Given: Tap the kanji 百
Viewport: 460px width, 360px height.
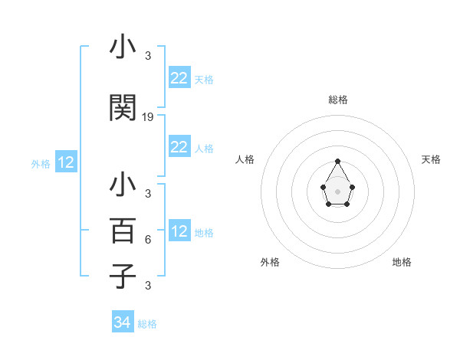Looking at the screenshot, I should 123,231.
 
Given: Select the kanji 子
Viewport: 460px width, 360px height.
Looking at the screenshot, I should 123,275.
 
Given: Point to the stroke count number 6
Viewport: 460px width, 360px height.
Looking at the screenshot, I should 147,239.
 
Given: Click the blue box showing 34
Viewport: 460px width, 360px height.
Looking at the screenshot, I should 122,322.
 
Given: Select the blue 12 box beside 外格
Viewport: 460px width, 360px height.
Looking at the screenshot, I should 65,162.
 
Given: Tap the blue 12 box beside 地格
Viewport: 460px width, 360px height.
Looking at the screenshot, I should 179,231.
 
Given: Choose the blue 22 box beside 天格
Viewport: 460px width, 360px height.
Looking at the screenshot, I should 179,77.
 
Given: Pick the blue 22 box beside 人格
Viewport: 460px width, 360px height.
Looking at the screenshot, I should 179,147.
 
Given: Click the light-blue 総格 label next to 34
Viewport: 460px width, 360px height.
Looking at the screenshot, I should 147,324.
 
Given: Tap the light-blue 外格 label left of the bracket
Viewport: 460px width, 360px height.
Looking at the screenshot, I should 41,163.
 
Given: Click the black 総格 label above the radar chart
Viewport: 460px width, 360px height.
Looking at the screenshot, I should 337,100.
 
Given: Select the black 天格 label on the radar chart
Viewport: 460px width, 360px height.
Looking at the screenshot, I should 431,159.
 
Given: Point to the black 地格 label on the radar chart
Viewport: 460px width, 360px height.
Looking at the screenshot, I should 402,262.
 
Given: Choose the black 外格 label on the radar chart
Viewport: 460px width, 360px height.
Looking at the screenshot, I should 270,262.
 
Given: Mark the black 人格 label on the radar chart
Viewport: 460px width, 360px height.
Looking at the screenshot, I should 245,159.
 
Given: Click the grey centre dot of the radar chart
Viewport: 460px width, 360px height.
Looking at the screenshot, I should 337,191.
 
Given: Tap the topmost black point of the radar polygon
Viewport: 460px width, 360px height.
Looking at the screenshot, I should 337,161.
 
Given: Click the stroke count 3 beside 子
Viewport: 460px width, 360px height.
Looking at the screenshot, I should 147,286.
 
